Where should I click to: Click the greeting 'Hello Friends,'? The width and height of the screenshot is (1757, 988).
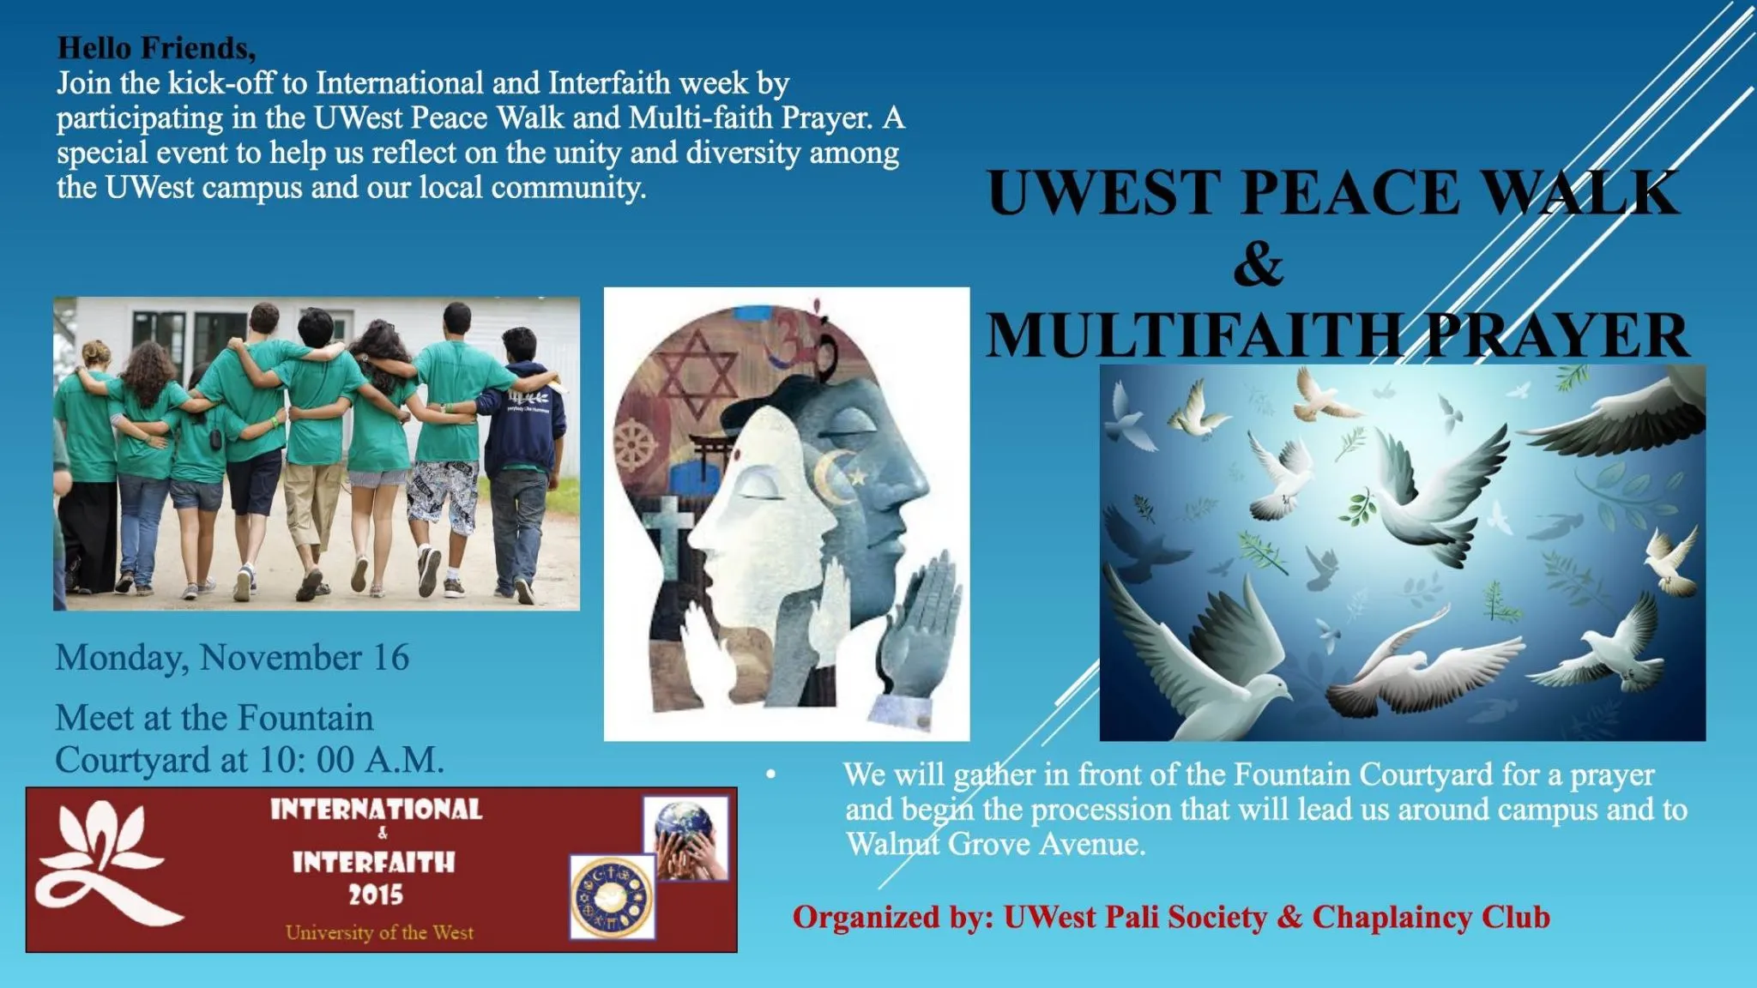tap(156, 48)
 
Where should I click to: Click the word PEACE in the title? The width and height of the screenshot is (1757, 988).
tap(1350, 192)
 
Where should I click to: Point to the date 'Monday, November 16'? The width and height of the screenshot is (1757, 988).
tap(232, 658)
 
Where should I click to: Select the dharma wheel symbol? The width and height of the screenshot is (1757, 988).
tap(638, 446)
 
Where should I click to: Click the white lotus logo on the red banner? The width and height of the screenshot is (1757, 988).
tap(105, 863)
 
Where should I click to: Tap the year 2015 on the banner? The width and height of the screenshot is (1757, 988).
tap(376, 895)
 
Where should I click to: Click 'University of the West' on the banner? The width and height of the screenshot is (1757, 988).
tap(379, 932)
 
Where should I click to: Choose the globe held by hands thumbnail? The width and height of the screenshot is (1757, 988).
tap(686, 838)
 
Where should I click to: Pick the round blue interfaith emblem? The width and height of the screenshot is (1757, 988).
tap(613, 897)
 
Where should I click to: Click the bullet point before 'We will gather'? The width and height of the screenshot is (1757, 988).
tap(771, 774)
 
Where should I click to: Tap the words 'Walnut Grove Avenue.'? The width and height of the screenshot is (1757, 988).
tap(996, 844)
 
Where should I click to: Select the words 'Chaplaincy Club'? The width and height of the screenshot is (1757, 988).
tap(1431, 917)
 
